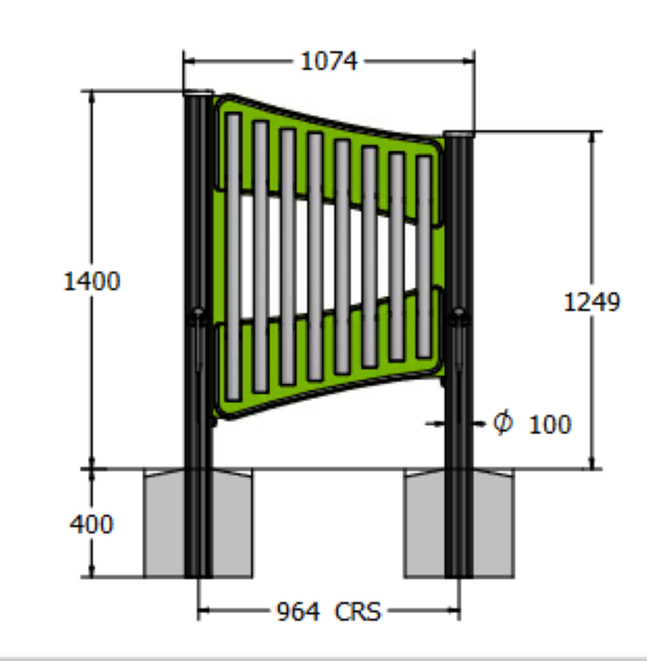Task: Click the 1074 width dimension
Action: click(328, 60)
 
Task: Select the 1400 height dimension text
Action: click(92, 281)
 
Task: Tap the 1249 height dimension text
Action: click(592, 302)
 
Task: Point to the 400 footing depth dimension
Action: click(91, 524)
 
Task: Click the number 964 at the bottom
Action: click(297, 612)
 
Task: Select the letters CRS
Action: click(358, 612)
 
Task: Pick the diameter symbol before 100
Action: click(503, 423)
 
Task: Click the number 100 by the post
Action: click(551, 425)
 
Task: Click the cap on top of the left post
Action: click(198, 93)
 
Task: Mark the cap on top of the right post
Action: click(459, 134)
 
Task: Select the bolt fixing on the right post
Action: click(459, 313)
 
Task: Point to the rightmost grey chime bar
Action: click(424, 257)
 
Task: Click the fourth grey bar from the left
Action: click(315, 257)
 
